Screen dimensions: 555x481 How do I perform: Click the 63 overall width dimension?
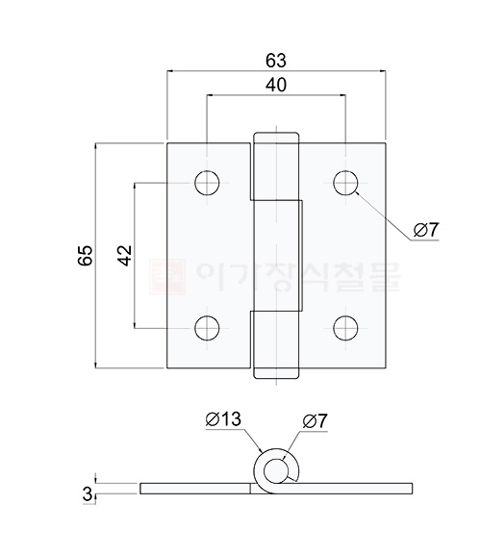coord(276,60)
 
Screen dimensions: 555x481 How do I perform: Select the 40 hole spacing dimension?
coord(276,86)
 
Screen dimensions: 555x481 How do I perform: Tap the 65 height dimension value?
coord(85,255)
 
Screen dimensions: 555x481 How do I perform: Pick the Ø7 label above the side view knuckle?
coord(315,419)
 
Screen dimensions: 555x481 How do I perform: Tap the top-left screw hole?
coord(207,182)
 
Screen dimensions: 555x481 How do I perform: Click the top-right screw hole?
coord(345,182)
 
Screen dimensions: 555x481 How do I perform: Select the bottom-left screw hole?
coord(207,328)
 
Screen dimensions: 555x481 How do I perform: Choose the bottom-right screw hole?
coord(345,328)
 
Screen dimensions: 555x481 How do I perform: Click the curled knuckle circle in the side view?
coord(277,470)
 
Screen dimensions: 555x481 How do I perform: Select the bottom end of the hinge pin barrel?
coord(276,373)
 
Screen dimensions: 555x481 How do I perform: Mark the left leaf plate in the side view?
coord(197,489)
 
